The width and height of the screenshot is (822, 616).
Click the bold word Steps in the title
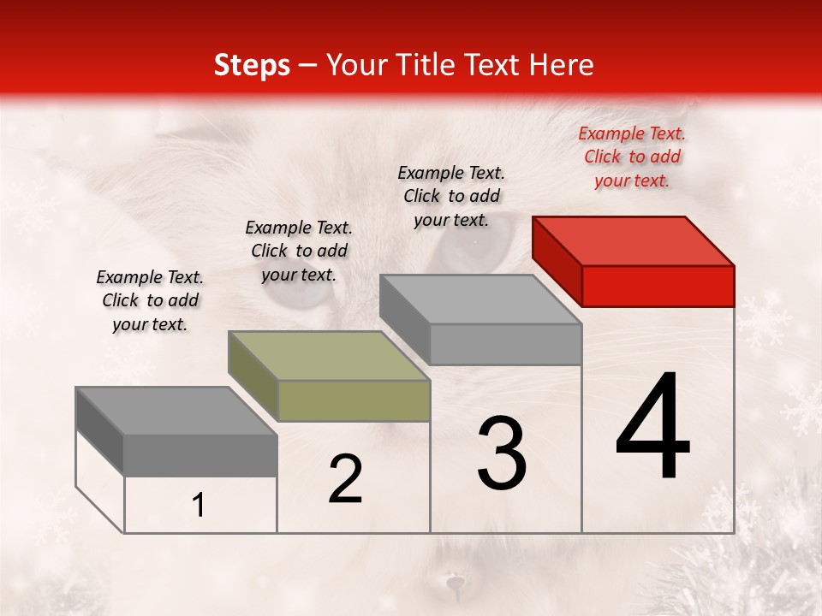coord(252,65)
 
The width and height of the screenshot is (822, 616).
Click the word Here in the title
coord(562,65)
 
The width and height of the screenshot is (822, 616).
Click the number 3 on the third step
coord(501,453)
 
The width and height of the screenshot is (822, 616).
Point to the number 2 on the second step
coord(345,479)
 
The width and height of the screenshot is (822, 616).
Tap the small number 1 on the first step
coord(199,506)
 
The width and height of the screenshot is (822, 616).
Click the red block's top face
coord(634,240)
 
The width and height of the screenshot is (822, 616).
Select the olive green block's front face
coord(354,400)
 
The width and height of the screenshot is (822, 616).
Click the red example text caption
coord(632,157)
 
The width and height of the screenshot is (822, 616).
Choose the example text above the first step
coord(150,300)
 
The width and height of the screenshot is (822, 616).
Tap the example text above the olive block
coord(299,251)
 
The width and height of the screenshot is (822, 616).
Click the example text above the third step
coord(451,196)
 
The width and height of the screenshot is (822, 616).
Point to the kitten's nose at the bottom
coord(453,585)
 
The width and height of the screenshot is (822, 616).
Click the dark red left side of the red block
coord(557,260)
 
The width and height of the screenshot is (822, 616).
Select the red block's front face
coord(658,286)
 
